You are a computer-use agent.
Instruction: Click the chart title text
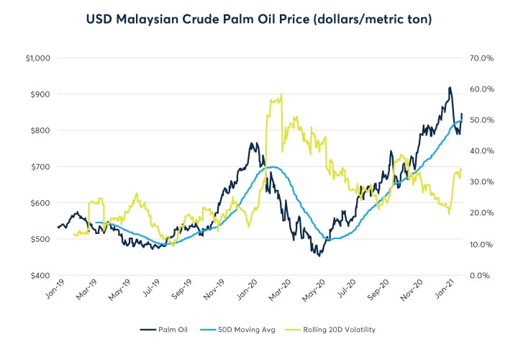pyautogui.click(x=259, y=19)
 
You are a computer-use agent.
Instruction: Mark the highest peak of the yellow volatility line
pyautogui.click(x=281, y=94)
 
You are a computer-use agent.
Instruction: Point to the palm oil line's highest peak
pyautogui.click(x=450, y=88)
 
